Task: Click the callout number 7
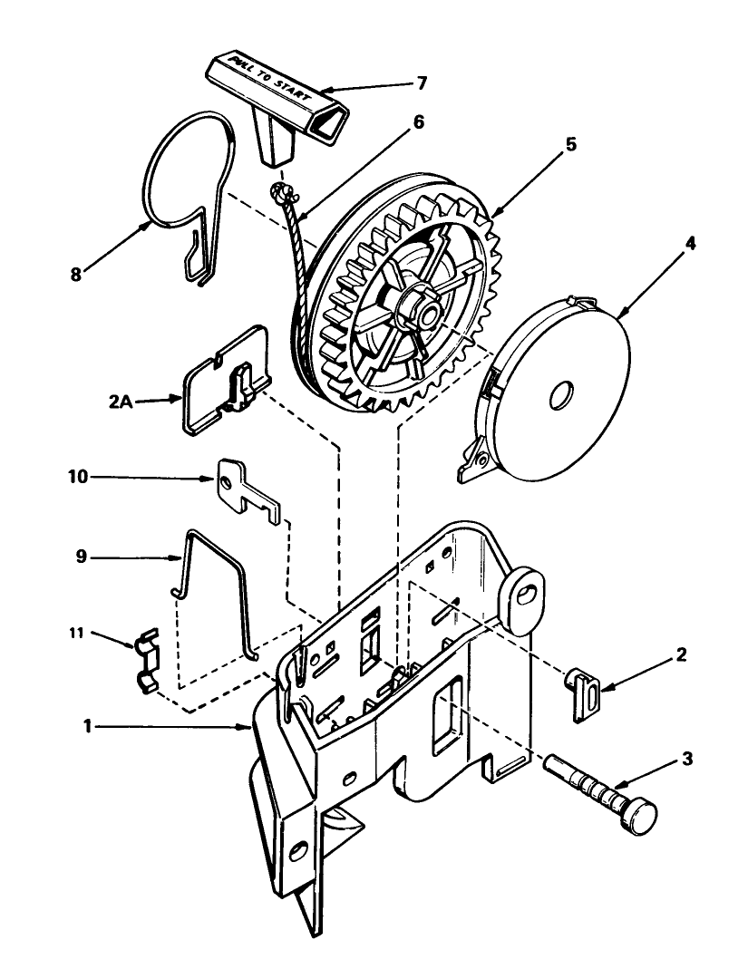[x=422, y=82]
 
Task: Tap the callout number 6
[x=417, y=122]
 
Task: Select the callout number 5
[x=570, y=144]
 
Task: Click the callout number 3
[x=687, y=759]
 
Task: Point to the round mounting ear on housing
[x=523, y=599]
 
